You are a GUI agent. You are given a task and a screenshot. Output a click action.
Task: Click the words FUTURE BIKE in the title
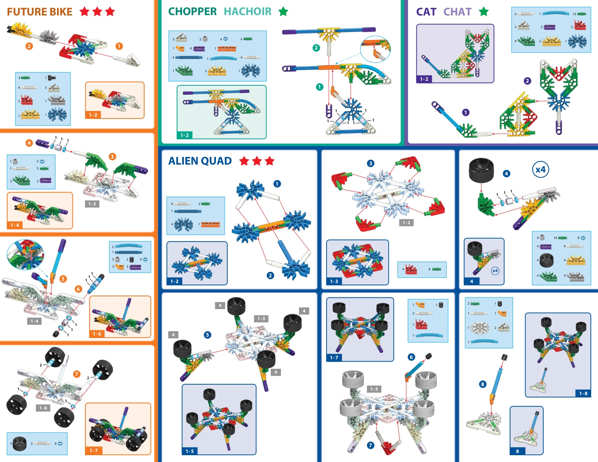click(x=40, y=12)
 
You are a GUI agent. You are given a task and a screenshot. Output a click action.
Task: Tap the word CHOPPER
click(x=192, y=12)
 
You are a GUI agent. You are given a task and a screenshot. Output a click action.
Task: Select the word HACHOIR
click(x=248, y=12)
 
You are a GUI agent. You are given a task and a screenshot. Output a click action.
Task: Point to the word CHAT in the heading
click(x=457, y=12)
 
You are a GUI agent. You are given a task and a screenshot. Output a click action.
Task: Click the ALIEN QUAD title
click(x=200, y=161)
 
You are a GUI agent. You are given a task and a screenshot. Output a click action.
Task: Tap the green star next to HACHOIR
click(x=283, y=12)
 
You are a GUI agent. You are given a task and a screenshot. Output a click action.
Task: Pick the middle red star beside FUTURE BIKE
click(x=97, y=12)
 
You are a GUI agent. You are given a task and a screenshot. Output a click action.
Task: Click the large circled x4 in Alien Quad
click(x=540, y=169)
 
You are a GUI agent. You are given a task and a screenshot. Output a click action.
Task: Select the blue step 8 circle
click(x=482, y=384)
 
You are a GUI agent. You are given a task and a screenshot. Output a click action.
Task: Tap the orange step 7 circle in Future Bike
click(x=77, y=374)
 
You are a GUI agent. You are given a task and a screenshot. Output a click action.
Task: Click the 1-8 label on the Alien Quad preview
click(x=583, y=393)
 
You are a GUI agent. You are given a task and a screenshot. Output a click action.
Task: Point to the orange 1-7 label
click(x=94, y=450)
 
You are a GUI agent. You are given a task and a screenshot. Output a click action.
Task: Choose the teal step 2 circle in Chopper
click(x=316, y=48)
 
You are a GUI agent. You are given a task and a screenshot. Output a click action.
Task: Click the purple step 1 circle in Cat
click(x=466, y=112)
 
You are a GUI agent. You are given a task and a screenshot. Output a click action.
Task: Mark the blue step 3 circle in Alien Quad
click(x=371, y=163)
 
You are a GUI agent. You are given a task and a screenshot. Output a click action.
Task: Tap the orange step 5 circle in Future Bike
click(x=63, y=279)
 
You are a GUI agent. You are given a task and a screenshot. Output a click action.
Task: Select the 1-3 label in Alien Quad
click(x=334, y=281)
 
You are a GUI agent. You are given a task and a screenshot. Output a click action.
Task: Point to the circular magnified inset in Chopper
click(x=375, y=49)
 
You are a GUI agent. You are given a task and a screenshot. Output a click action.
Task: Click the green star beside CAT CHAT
click(x=484, y=12)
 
